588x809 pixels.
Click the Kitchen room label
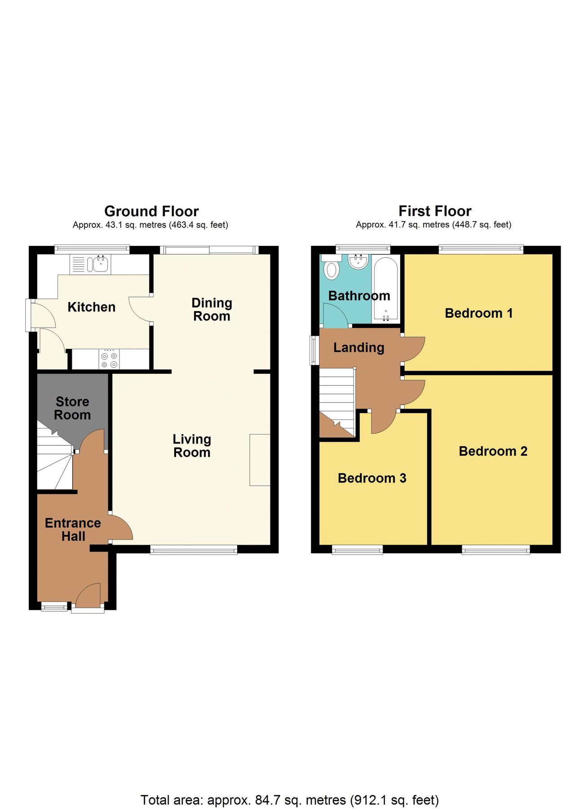[x=92, y=307]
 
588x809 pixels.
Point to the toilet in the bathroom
[x=332, y=268]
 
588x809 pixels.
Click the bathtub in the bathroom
[x=386, y=288]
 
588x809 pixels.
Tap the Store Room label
[x=72, y=408]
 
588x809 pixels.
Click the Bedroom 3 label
[x=372, y=478]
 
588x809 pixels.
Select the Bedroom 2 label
[x=493, y=451]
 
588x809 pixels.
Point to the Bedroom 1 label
[x=478, y=313]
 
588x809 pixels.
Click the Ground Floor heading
[x=151, y=211]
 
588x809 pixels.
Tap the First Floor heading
[x=435, y=211]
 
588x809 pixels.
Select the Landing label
[x=358, y=347]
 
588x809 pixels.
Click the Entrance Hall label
[x=73, y=529]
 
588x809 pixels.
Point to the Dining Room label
[x=212, y=310]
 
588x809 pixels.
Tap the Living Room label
[x=192, y=446]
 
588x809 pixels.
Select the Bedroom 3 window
[x=358, y=549]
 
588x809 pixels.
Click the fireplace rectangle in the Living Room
[x=260, y=460]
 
